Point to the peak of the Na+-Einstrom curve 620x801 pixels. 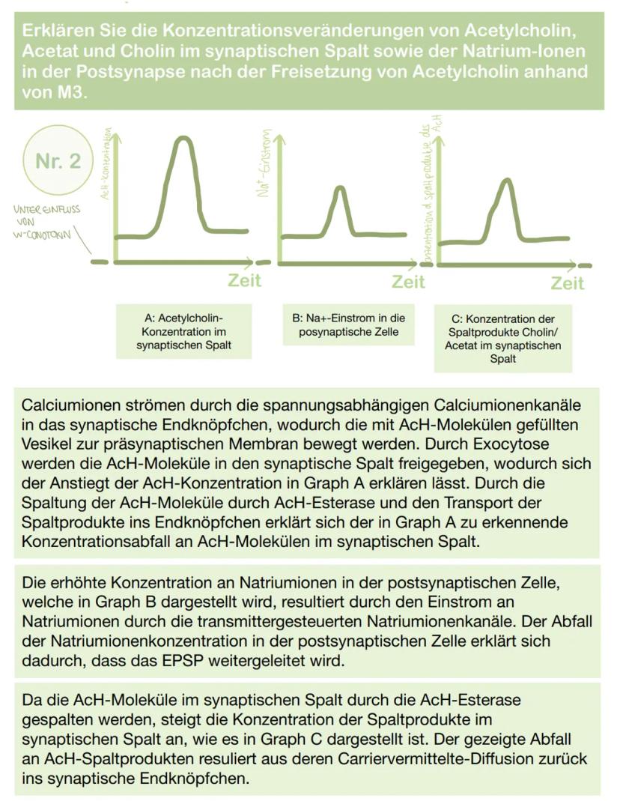click(x=339, y=188)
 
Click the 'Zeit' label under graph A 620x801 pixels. click(x=245, y=280)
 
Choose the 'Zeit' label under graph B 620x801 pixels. click(x=408, y=282)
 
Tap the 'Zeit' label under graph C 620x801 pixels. click(x=568, y=283)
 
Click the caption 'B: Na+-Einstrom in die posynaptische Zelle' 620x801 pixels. click(x=348, y=324)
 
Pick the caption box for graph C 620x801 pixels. click(x=503, y=338)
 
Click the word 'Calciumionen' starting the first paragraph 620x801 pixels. click(x=74, y=405)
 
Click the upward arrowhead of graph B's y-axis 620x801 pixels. click(x=279, y=139)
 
